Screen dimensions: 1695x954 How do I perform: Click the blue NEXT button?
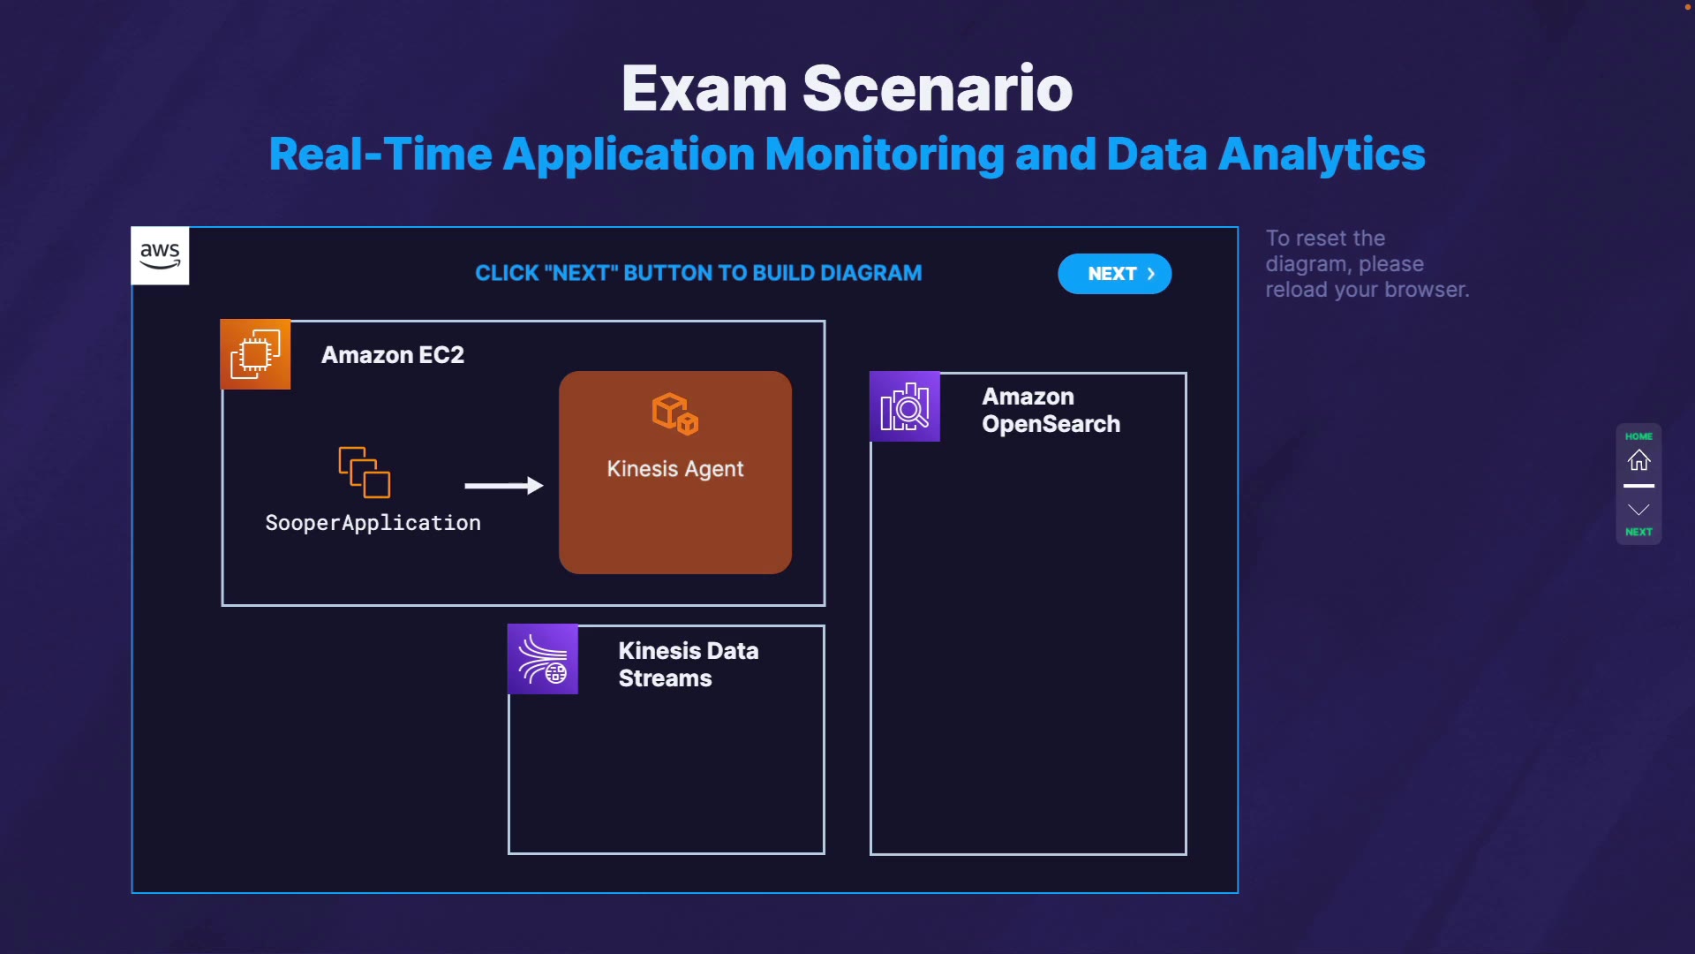pyautogui.click(x=1114, y=274)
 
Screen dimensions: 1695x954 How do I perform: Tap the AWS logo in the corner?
pyautogui.click(x=160, y=256)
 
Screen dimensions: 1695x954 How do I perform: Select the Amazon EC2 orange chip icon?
pyautogui.click(x=255, y=354)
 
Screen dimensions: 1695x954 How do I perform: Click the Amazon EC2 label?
pyautogui.click(x=393, y=355)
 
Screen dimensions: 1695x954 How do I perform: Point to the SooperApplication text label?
pyautogui.click(x=373, y=523)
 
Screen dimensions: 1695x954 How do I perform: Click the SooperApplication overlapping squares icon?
pyautogui.click(x=365, y=472)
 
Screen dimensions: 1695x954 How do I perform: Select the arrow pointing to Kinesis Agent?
pyautogui.click(x=504, y=485)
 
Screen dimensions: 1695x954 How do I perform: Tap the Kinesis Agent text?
pyautogui.click(x=675, y=469)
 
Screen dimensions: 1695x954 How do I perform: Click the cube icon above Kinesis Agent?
pyautogui.click(x=675, y=413)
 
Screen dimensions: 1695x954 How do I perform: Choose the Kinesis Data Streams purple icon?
pyautogui.click(x=543, y=659)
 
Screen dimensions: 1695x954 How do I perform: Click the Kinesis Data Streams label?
pyautogui.click(x=689, y=664)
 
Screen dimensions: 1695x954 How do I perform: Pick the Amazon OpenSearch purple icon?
pyautogui.click(x=905, y=406)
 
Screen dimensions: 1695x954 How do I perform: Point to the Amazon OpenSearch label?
pyautogui.click(x=1051, y=410)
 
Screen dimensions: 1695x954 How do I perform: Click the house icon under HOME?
pyautogui.click(x=1639, y=460)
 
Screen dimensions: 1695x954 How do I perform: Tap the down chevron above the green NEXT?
pyautogui.click(x=1639, y=510)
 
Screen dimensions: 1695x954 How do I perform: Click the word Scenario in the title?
pyautogui.click(x=938, y=88)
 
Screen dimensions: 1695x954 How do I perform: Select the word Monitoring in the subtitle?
pyautogui.click(x=885, y=155)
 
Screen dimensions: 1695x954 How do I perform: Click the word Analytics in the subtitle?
pyautogui.click(x=1322, y=155)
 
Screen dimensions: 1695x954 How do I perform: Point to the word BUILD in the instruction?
pyautogui.click(x=783, y=273)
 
